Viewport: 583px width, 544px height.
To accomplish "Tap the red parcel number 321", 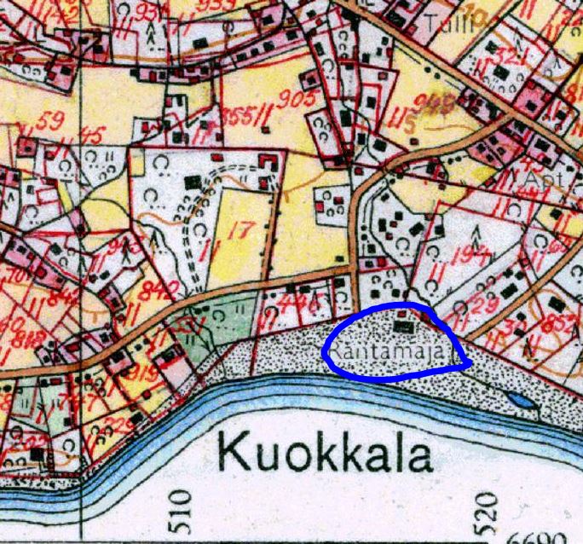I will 511,56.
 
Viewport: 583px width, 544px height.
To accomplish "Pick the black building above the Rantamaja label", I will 403,326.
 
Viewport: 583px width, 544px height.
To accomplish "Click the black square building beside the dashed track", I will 195,182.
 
